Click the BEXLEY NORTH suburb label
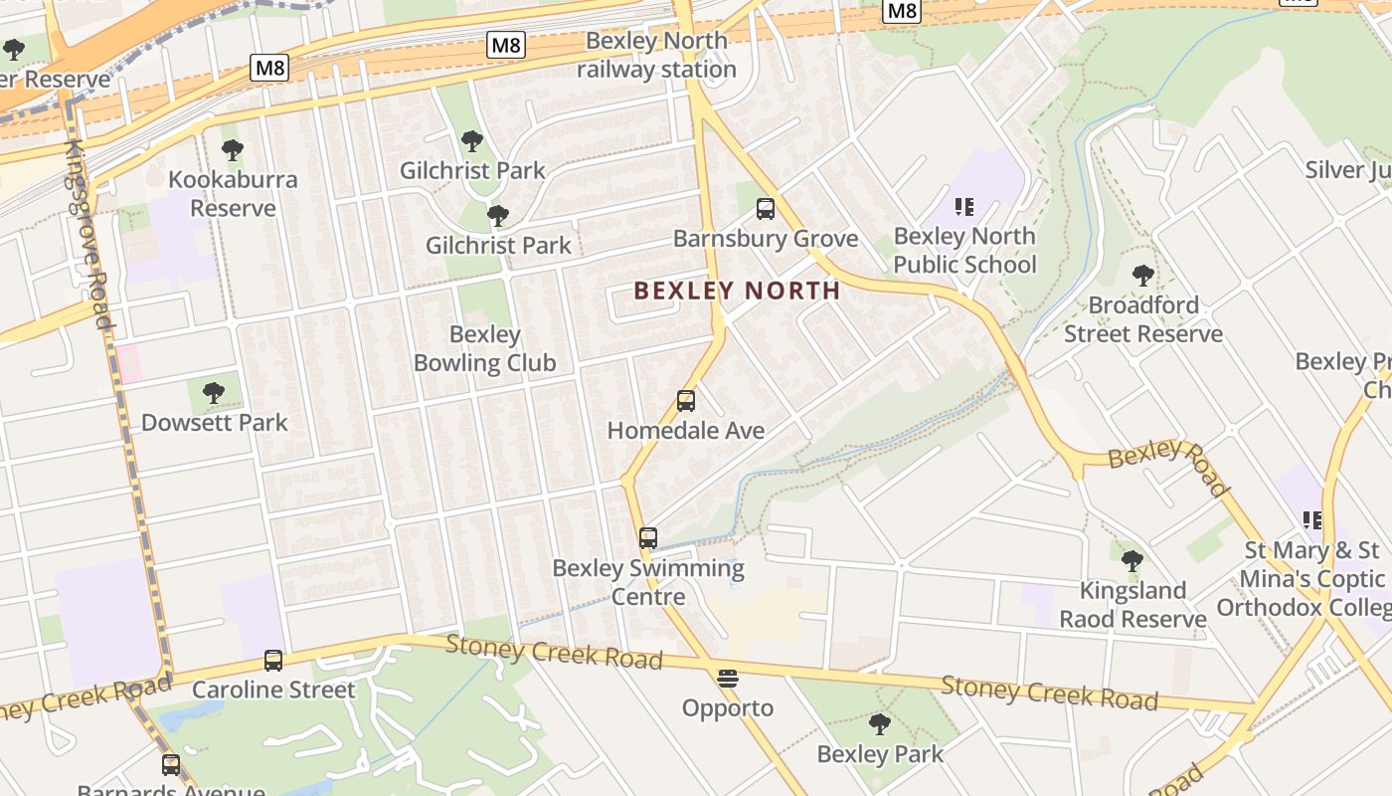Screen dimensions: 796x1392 pos(737,291)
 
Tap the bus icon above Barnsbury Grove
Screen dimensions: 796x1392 pos(765,209)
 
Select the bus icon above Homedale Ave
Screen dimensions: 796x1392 pos(686,401)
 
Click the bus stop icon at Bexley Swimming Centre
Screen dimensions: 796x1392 pos(648,538)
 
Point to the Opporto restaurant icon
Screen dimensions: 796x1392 pos(728,679)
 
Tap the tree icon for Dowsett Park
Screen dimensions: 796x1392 pos(213,393)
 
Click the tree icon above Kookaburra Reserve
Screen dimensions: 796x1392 pos(233,151)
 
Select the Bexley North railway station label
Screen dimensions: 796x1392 pos(656,56)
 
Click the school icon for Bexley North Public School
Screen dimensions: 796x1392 pos(963,207)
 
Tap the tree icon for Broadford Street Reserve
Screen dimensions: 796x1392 pos(1142,276)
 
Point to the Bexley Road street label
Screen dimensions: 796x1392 pos(1169,466)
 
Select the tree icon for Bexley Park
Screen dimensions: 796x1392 pos(879,724)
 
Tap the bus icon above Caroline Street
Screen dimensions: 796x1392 pos(272,660)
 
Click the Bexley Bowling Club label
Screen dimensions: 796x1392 pos(484,348)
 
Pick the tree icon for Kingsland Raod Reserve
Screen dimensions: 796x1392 pos(1131,561)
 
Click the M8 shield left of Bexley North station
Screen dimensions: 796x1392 pos(506,45)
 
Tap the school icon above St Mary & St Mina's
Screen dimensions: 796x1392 pos(1311,519)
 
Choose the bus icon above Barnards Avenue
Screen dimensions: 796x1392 pos(171,764)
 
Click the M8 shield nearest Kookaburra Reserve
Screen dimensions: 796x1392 pos(269,68)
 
